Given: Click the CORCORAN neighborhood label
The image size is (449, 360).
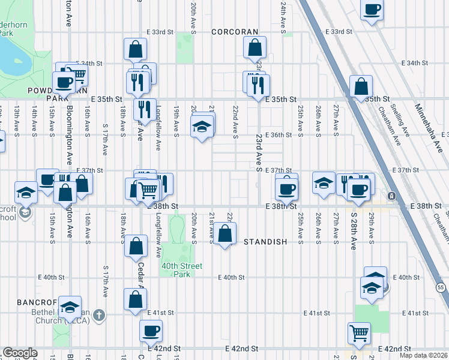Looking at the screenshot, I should pos(234,31).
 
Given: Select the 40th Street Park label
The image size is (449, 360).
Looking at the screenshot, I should pos(182,270).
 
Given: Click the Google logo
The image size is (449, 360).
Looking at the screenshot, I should pos(20,353).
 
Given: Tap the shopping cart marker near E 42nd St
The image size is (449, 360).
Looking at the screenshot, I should pos(359,332).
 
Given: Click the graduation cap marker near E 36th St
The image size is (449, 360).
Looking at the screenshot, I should pos(202,127).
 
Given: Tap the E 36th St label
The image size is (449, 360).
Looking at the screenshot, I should pos(278,135).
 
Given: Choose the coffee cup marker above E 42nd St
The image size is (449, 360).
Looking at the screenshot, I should pos(151,329).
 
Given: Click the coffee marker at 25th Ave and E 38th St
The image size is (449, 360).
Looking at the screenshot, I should pos(286,188).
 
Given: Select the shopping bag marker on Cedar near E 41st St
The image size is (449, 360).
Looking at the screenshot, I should pos(135,299).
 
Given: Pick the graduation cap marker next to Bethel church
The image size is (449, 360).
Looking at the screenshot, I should pos(70,307).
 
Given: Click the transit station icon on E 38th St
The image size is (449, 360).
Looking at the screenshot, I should pos(391,196).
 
